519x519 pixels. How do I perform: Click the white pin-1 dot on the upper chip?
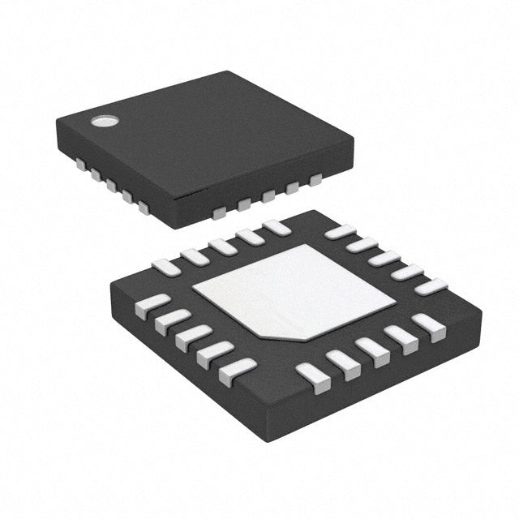pyautogui.click(x=103, y=122)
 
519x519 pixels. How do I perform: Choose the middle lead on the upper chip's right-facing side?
pyautogui.click(x=267, y=197)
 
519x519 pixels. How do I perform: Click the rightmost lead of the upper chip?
pyautogui.click(x=315, y=179)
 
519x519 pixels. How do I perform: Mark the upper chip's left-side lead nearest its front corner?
pyautogui.click(x=144, y=208)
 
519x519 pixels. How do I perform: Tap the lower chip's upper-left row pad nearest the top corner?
pyautogui.click(x=276, y=228)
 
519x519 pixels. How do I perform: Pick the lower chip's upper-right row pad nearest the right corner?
pyautogui.click(x=431, y=286)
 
